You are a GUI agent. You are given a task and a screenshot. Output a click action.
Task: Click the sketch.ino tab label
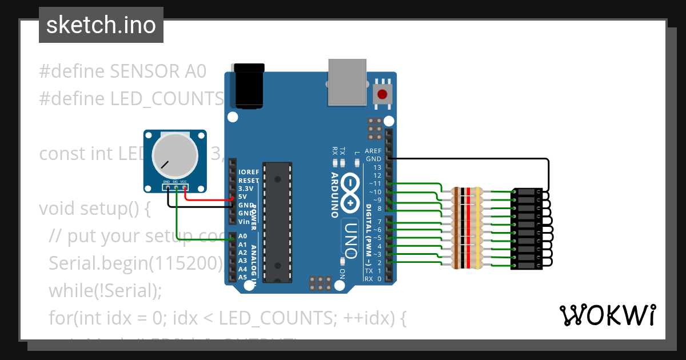click(x=101, y=25)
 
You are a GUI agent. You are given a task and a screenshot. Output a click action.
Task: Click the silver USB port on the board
click(x=348, y=82)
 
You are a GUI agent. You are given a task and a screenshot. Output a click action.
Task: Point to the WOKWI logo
click(x=607, y=315)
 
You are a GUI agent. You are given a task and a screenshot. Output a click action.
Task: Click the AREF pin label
click(x=373, y=151)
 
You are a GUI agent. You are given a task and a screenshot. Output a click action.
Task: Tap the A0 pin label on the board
click(x=242, y=236)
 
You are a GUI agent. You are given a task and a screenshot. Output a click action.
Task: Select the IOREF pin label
click(x=249, y=172)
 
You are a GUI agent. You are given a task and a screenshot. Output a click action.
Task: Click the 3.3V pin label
click(x=246, y=189)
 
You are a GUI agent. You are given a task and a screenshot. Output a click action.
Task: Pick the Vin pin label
click(x=244, y=221)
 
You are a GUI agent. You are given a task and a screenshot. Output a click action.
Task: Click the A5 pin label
click(x=242, y=277)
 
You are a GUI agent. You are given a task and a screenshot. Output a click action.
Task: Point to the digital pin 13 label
click(x=377, y=167)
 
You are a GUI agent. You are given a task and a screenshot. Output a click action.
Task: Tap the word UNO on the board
click(x=350, y=238)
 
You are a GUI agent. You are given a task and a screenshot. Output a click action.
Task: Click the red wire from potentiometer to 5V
click(x=209, y=200)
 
